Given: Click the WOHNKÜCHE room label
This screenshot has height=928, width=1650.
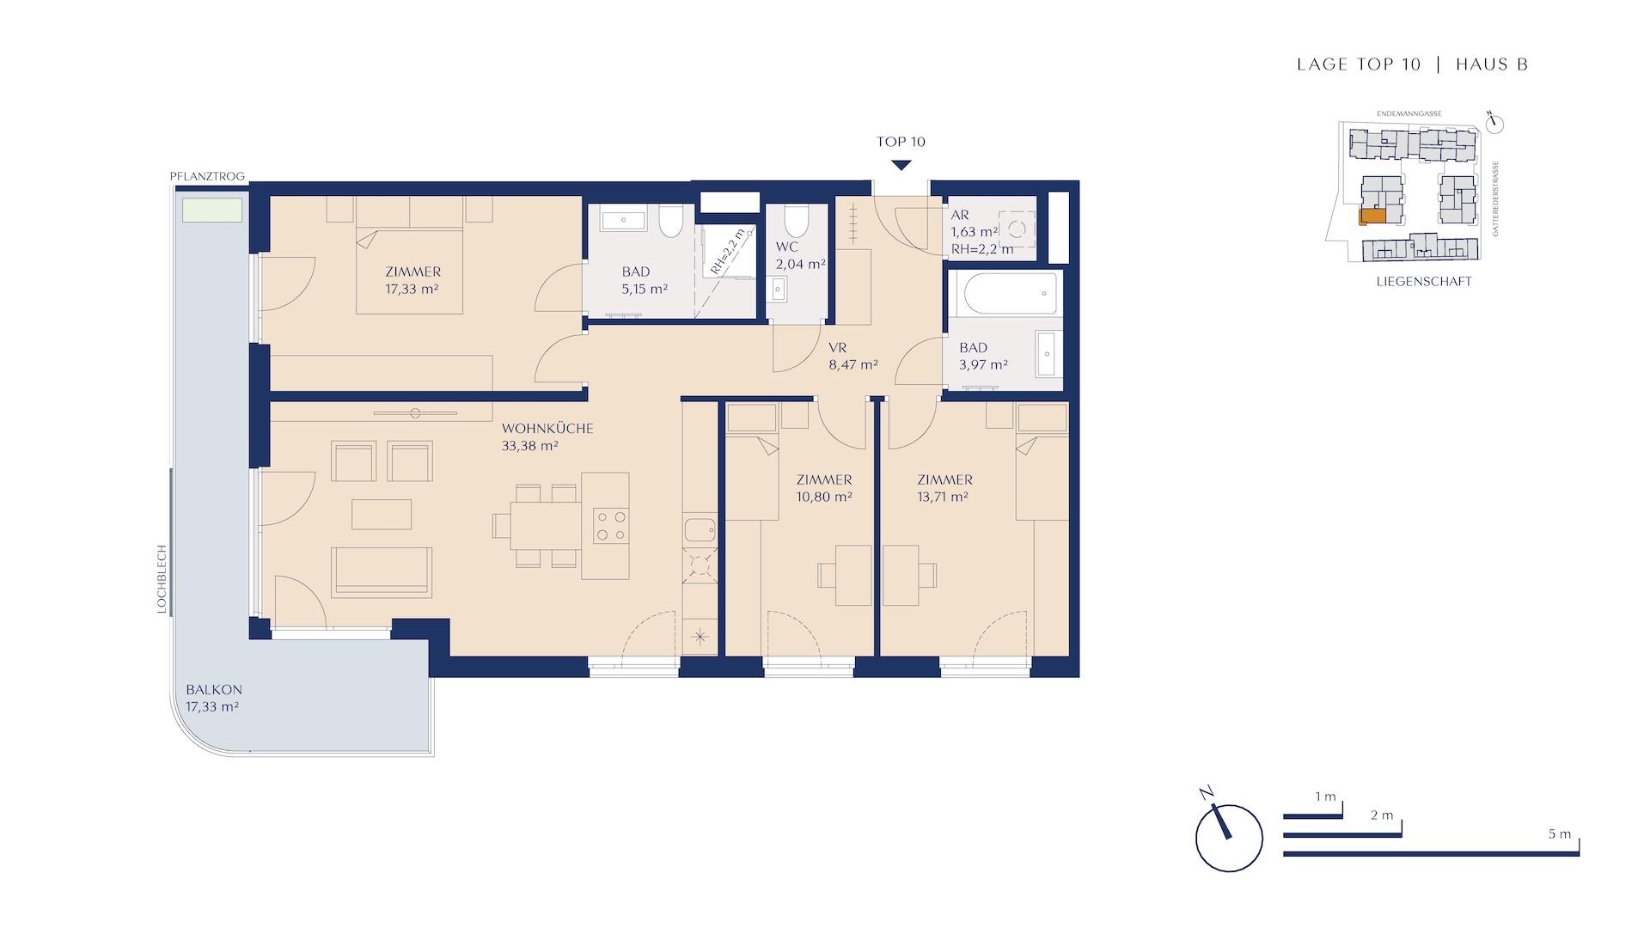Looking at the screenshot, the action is point(547,428).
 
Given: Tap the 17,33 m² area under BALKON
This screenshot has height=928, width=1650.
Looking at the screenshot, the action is point(212,707).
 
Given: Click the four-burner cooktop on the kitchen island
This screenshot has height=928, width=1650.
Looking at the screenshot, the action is point(610,526).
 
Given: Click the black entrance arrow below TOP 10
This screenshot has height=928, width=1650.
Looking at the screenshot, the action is point(901,164).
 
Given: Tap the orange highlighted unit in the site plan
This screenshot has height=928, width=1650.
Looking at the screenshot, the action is point(1372,217).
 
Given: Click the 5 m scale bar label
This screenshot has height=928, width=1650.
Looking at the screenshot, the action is point(1560,834).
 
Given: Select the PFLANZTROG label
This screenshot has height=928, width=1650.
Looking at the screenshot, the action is point(207,176).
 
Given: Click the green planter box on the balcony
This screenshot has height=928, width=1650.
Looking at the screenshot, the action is point(211,211).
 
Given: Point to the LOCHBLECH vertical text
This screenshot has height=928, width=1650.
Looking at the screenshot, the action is point(162,579).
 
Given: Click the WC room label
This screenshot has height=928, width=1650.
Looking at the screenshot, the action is point(787,247).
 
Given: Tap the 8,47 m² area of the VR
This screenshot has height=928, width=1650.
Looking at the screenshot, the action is point(853,365).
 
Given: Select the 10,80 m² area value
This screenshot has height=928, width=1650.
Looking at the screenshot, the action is point(824,497).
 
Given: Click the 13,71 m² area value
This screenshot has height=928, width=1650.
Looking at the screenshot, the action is point(944,497).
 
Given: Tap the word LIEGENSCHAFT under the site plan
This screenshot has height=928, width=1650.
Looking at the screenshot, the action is point(1424,281).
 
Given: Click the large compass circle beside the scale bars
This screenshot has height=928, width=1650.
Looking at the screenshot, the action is point(1229,838).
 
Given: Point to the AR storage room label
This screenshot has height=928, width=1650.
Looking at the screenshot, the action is point(960,215).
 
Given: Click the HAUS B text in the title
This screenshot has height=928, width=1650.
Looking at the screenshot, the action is point(1492,64).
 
